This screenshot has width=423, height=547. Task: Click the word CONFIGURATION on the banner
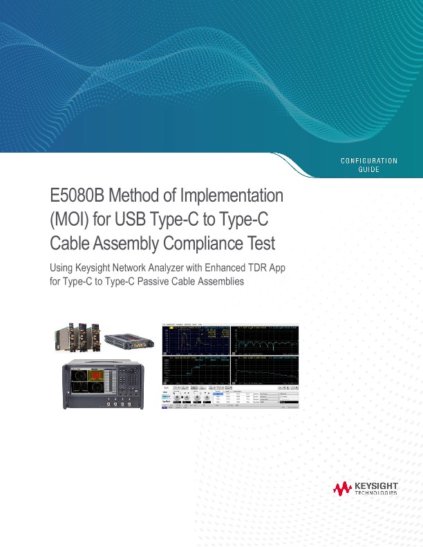(369, 161)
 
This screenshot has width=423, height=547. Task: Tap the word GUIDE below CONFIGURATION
(369, 170)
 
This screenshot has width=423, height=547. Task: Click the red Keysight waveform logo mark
(342, 489)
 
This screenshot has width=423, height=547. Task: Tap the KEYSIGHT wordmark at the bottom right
(376, 486)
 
